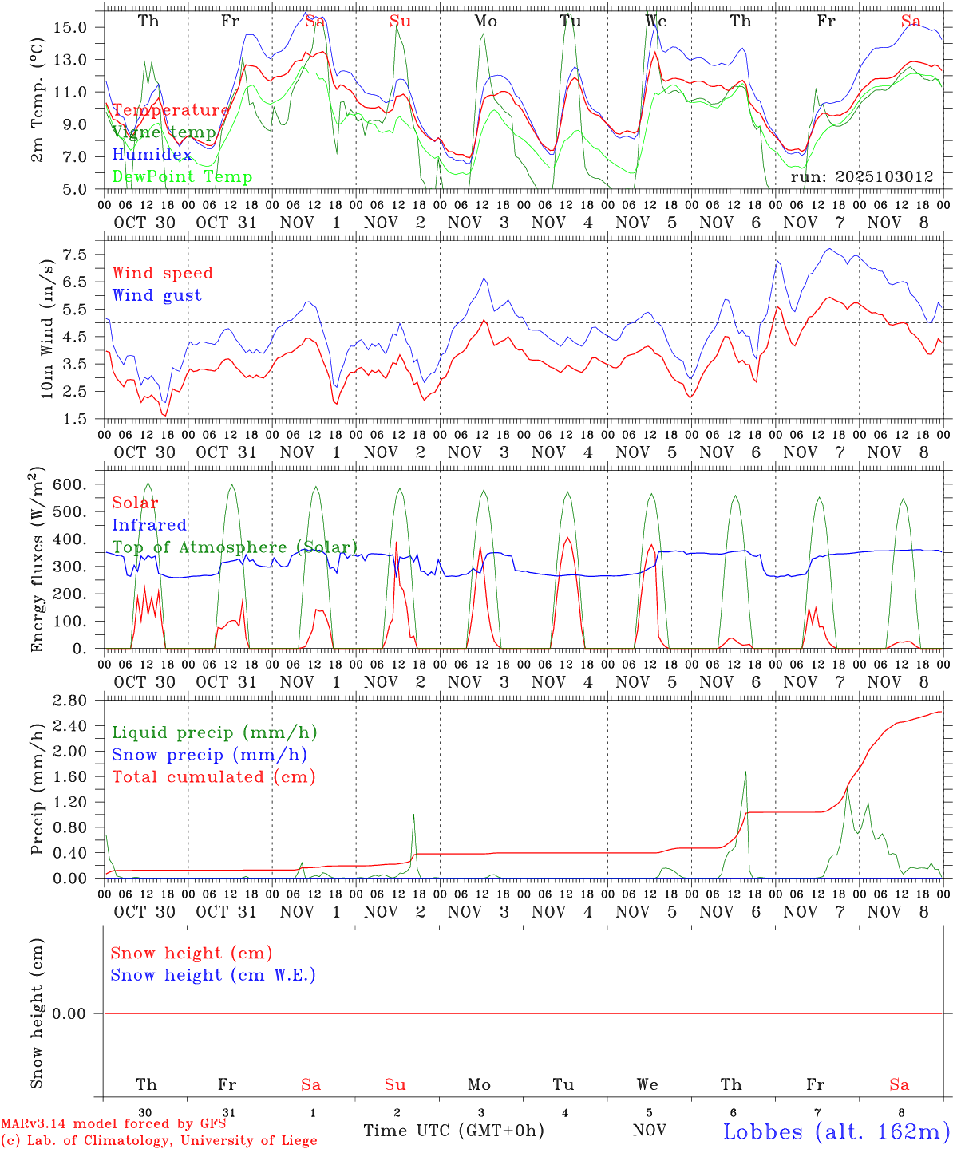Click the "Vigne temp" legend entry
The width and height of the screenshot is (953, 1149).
click(164, 132)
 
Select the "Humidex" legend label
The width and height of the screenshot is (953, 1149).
click(152, 154)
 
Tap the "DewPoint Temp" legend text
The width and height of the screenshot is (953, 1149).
click(182, 176)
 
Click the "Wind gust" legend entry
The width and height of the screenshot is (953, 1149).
click(156, 295)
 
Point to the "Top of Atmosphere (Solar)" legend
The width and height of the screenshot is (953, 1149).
click(235, 547)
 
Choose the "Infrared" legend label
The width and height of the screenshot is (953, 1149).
click(149, 525)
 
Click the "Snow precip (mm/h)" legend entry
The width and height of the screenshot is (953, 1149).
click(209, 755)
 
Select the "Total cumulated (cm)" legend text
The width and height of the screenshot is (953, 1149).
click(213, 776)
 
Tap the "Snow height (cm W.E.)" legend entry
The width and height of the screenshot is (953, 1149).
click(213, 975)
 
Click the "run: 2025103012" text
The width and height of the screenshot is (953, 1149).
click(861, 177)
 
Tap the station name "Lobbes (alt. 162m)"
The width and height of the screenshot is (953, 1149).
click(836, 1131)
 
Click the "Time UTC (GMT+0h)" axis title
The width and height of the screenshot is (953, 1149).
click(453, 1131)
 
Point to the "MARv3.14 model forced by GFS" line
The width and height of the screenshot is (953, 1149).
click(113, 1124)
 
